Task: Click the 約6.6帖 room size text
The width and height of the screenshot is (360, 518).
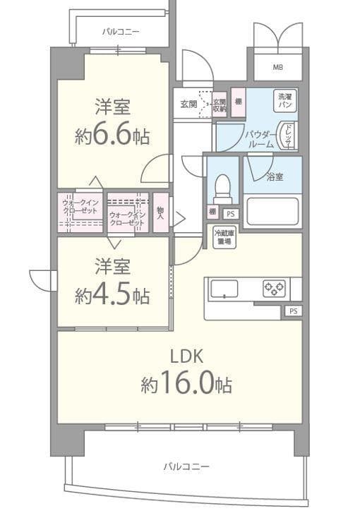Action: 112,135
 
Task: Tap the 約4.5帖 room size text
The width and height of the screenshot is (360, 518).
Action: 112,294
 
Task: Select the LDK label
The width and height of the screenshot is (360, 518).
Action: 186,357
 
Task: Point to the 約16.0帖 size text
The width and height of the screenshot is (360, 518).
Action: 186,384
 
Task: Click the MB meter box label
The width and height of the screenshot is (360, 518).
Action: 278,68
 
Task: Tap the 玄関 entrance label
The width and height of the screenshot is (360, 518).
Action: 188,104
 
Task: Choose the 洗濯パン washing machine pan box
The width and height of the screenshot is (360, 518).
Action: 286,100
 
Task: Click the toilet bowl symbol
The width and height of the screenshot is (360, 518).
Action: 222,188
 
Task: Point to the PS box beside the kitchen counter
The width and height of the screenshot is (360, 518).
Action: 293,311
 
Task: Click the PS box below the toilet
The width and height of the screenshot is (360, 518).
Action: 229,214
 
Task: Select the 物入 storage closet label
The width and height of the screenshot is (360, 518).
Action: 161,212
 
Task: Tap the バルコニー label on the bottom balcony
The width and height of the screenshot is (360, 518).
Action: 186,466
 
